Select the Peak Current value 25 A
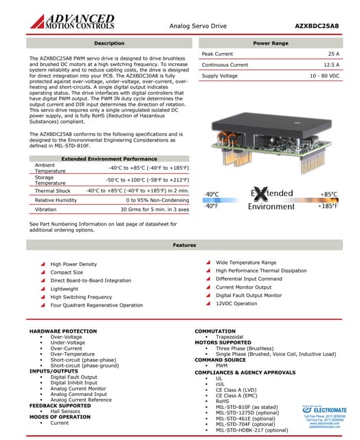click(333, 54)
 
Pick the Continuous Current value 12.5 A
click(330, 65)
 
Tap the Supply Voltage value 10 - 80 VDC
click(324, 76)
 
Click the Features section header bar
click(184, 245)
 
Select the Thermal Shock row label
click(53, 190)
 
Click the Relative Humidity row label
click(58, 200)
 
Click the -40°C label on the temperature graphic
click(212, 195)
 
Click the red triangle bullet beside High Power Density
click(43, 264)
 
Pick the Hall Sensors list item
click(65, 411)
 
